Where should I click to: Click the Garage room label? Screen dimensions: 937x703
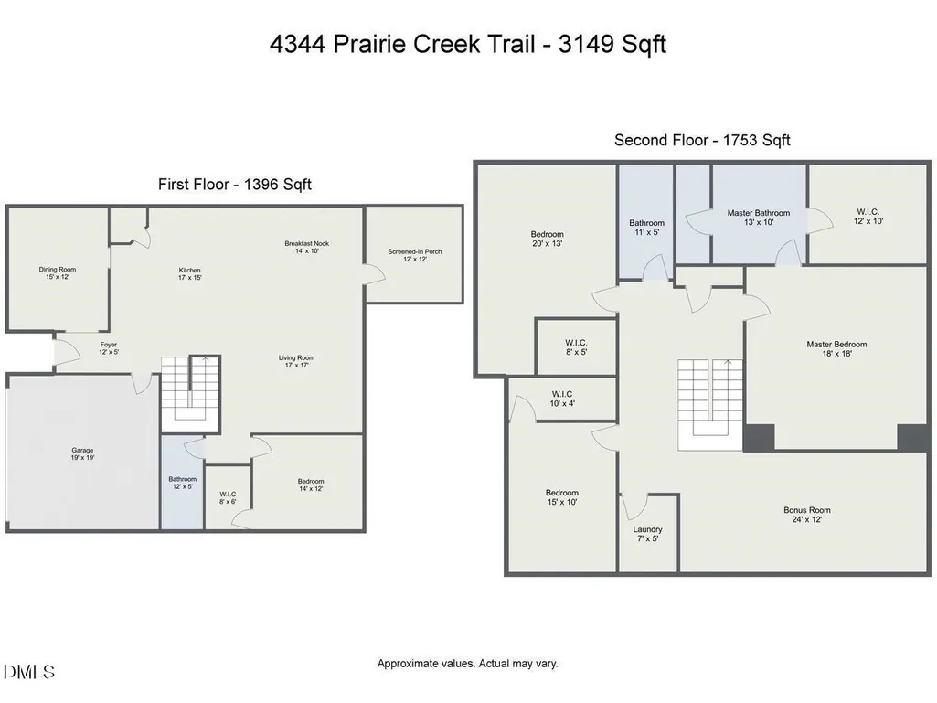point(82,453)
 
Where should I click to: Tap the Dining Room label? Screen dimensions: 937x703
point(58,273)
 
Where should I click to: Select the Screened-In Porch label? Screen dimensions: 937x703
point(415,255)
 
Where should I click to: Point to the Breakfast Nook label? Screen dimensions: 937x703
point(306,247)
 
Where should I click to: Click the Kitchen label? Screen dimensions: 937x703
point(189,273)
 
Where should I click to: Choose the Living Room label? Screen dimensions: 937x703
point(296,362)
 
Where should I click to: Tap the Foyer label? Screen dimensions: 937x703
point(109,348)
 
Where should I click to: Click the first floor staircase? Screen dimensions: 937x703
point(191,393)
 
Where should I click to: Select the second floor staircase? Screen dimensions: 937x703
point(710,405)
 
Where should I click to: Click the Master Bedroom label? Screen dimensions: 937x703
point(836,348)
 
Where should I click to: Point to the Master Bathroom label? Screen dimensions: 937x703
point(759,217)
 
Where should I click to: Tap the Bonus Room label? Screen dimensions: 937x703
point(806,515)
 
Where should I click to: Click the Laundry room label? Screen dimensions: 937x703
point(648,534)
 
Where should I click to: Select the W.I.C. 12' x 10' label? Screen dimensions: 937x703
point(868,216)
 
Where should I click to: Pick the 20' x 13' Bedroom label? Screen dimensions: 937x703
point(547,239)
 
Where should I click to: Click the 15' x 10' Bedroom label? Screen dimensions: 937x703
point(561,497)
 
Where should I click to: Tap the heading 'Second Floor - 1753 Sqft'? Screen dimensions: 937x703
point(702,140)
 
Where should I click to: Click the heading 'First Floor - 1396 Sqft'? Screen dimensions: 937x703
point(235,184)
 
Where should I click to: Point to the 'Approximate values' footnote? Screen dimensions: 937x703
point(467,663)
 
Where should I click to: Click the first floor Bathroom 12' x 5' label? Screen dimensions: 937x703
point(182,483)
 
